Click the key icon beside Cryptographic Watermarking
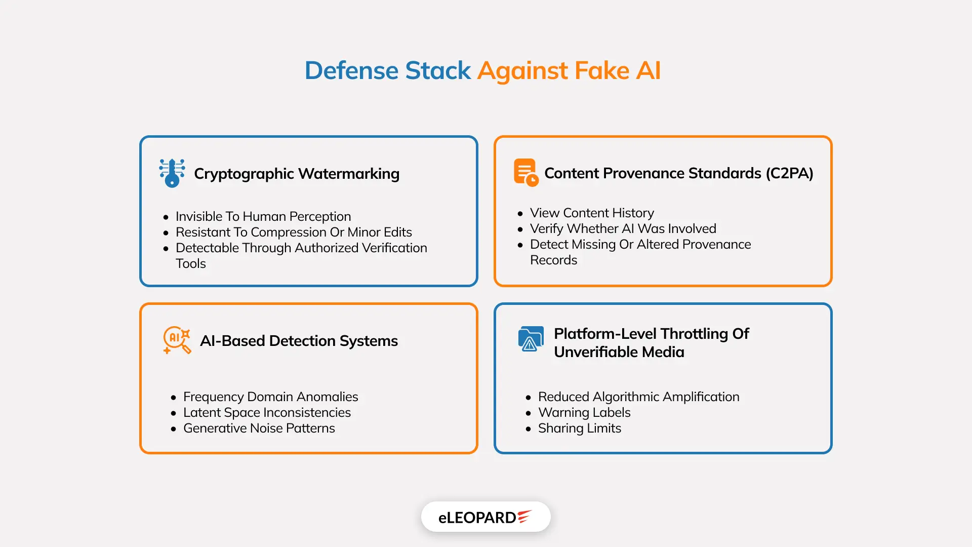click(x=172, y=173)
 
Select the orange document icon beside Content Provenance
click(x=525, y=172)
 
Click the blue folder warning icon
click(x=531, y=339)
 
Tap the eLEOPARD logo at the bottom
click(x=485, y=517)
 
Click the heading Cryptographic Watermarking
click(x=297, y=174)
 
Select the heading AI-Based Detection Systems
click(x=299, y=341)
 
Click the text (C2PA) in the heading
click(x=789, y=173)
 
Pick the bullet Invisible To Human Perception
click(x=263, y=216)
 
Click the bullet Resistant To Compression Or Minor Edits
click(x=294, y=232)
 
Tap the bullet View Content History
click(x=592, y=213)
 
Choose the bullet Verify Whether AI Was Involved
click(x=623, y=228)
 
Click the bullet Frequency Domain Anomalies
click(x=270, y=397)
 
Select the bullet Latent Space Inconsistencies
click(x=267, y=412)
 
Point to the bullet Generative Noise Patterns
click(x=259, y=428)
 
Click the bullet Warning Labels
click(x=584, y=412)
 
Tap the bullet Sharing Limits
click(x=579, y=428)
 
